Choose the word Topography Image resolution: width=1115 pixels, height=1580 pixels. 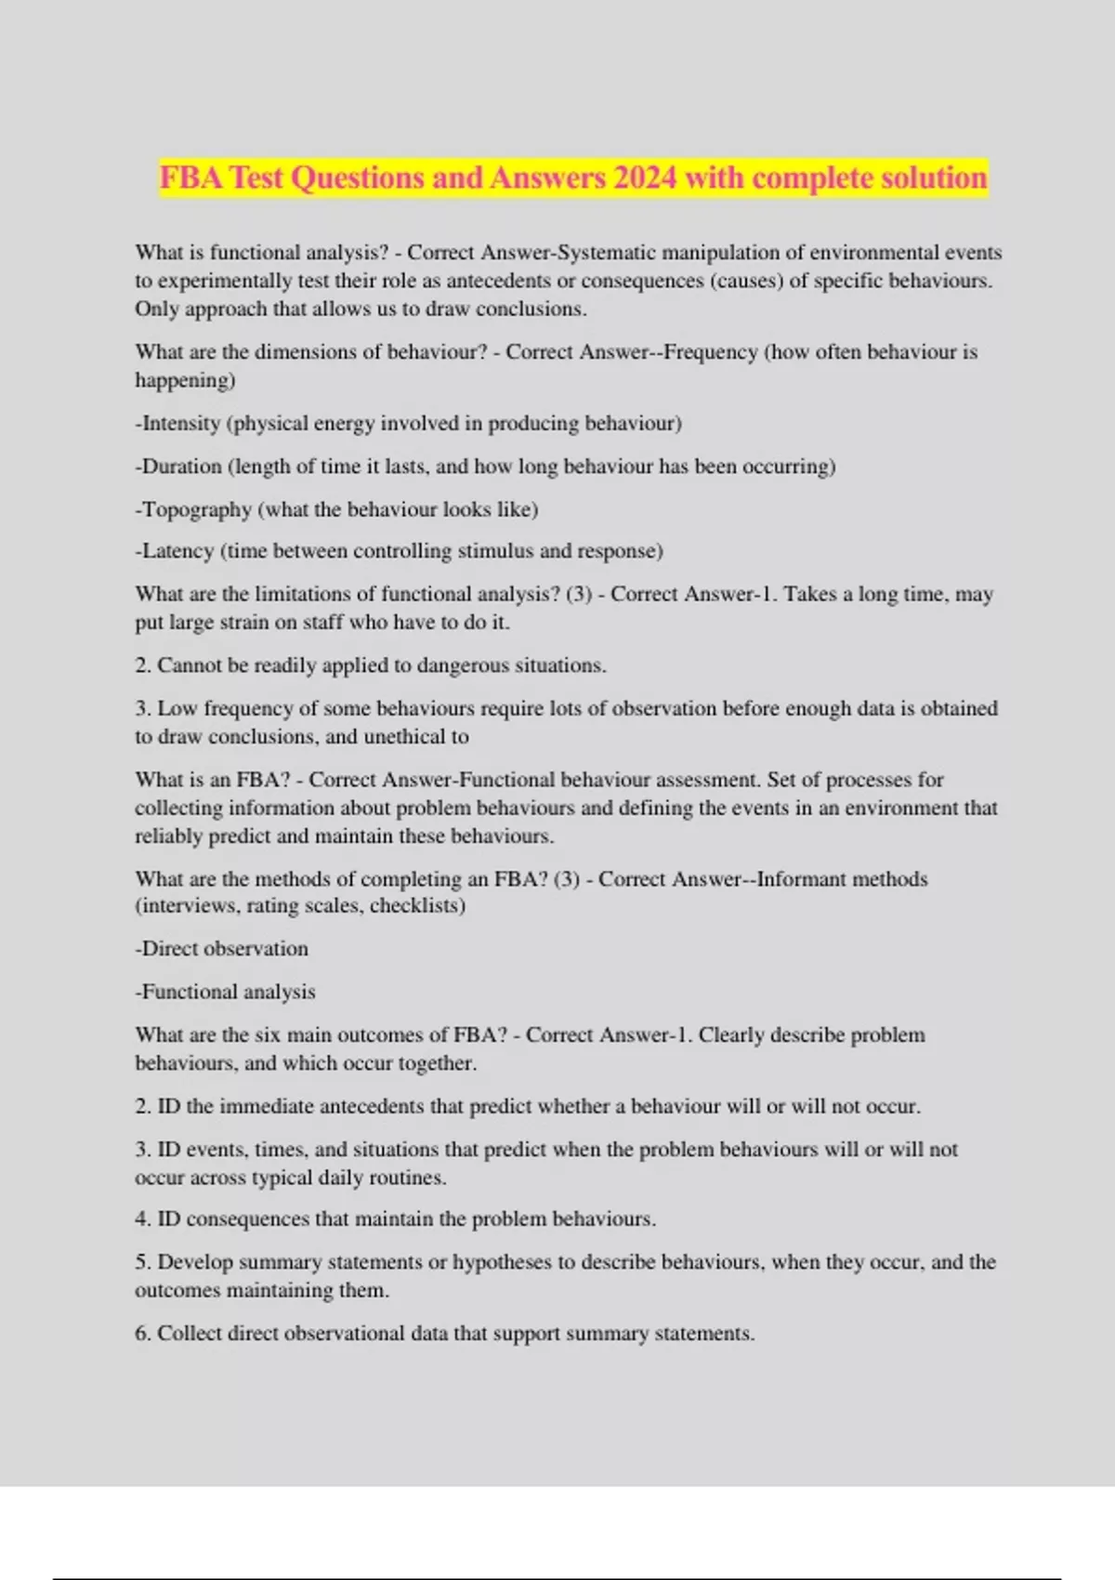coord(196,509)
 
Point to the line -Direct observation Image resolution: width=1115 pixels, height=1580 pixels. coord(221,949)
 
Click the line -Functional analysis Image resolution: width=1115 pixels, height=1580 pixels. coord(225,993)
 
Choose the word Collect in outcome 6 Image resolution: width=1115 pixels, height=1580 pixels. coord(190,1334)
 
